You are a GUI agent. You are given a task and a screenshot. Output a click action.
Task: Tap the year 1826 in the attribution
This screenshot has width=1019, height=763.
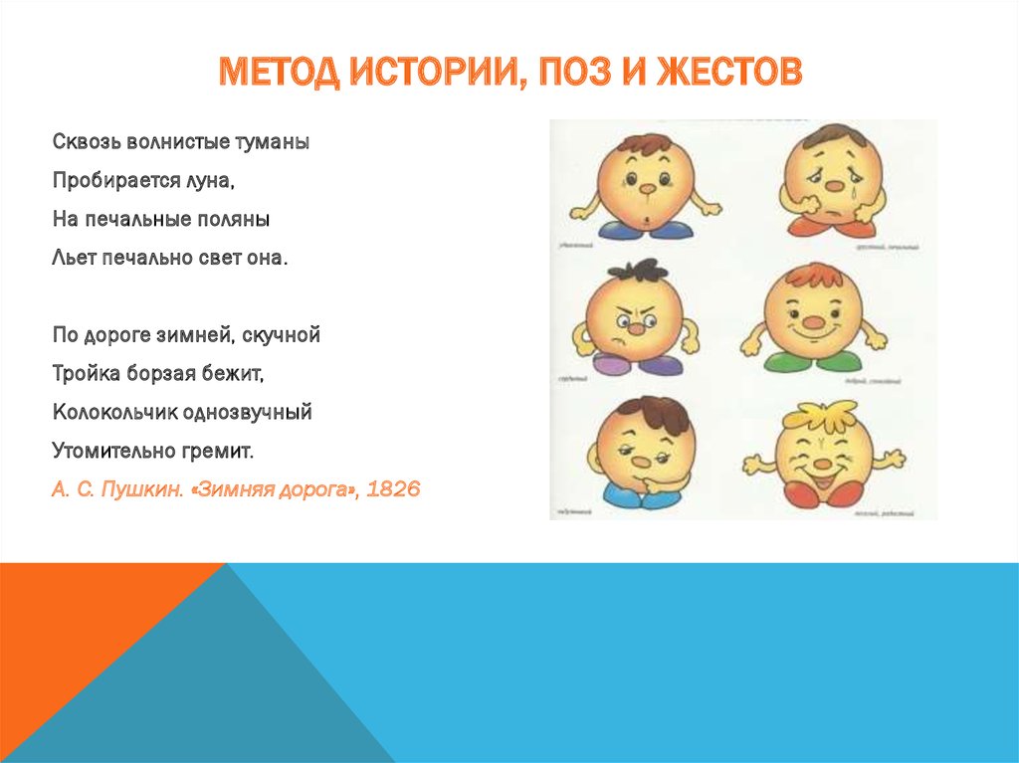[x=393, y=489]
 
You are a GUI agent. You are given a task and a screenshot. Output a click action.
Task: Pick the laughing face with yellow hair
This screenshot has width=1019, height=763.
[x=822, y=454]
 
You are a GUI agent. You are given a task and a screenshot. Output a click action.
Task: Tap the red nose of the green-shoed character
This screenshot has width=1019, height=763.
[x=815, y=323]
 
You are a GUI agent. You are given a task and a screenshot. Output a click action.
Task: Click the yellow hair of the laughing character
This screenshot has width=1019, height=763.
[x=819, y=412]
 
